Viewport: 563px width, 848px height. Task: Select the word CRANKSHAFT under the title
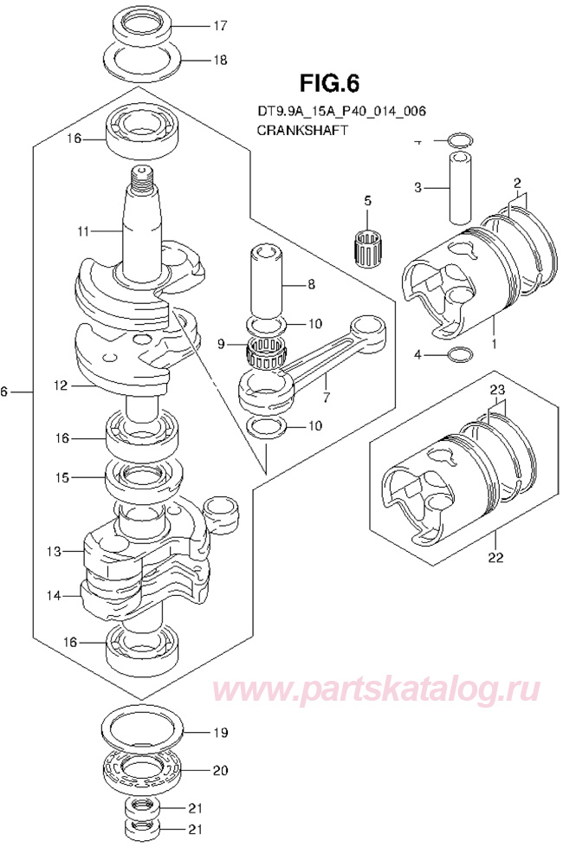[301, 131]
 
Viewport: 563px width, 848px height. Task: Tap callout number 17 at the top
[219, 26]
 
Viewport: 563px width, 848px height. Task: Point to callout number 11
[82, 232]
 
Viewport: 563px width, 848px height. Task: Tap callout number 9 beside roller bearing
[221, 344]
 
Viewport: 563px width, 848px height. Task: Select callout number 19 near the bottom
[219, 732]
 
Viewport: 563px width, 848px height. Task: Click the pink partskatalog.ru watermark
[379, 691]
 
